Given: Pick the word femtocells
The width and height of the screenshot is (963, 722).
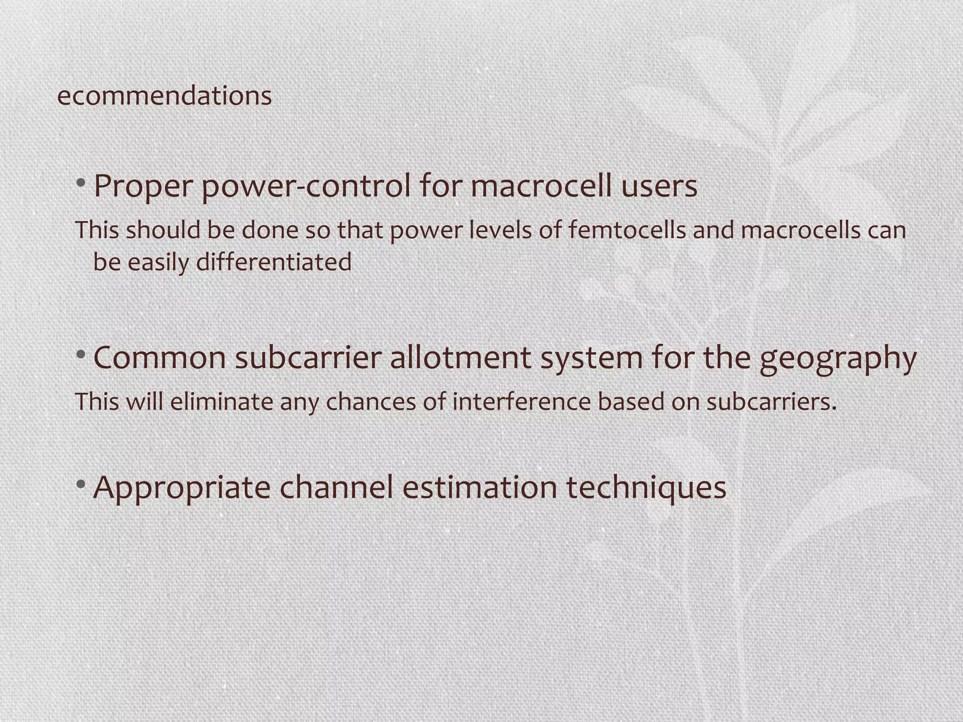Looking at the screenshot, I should click(x=627, y=230).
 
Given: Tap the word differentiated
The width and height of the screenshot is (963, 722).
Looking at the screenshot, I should click(x=274, y=262).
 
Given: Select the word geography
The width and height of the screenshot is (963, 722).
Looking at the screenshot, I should click(x=838, y=358).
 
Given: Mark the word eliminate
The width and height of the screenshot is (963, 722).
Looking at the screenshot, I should click(x=221, y=401).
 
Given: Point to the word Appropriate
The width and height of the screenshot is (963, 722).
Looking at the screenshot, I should click(x=182, y=488).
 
